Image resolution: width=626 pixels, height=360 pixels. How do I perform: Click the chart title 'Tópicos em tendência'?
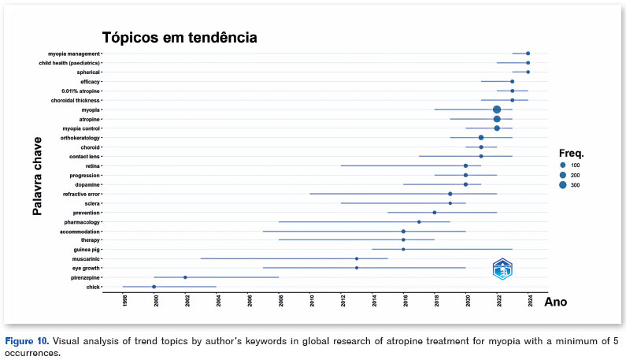(x=180, y=37)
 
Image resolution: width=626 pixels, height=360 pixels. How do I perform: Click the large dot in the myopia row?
(x=497, y=109)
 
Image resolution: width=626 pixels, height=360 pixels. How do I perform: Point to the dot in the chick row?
(x=154, y=287)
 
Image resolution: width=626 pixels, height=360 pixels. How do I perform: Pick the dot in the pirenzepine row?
(x=185, y=277)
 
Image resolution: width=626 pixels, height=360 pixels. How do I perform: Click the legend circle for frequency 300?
(x=563, y=185)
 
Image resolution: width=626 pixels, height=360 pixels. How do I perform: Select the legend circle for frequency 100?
(x=563, y=165)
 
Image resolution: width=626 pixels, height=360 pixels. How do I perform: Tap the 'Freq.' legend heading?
(x=571, y=152)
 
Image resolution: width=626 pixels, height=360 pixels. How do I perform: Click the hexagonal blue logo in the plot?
(x=502, y=269)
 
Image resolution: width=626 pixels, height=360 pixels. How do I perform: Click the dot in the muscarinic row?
(x=357, y=258)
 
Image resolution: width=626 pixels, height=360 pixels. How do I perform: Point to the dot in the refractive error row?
(x=450, y=194)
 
